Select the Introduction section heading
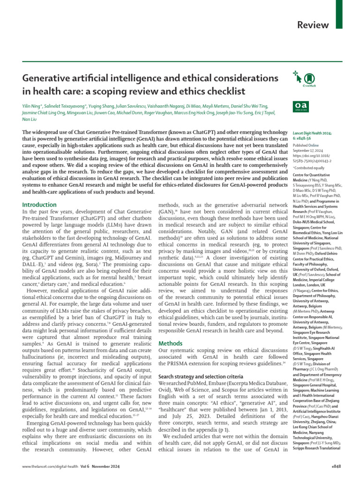point(39,205)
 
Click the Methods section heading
point(171,344)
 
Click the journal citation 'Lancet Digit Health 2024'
point(312,134)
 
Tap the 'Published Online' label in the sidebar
point(304,146)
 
